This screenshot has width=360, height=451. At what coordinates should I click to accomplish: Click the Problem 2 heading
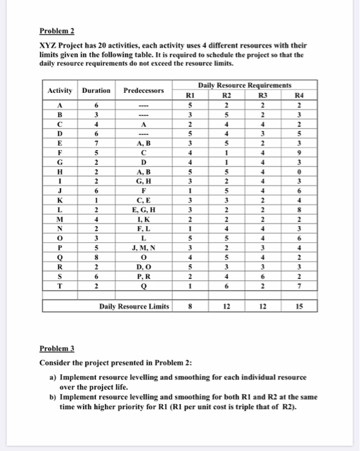coord(57,30)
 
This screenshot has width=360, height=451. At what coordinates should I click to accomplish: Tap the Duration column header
coord(97,91)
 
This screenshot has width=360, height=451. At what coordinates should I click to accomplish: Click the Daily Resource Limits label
coord(134,307)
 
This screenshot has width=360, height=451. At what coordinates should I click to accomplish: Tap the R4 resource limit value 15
coord(299,307)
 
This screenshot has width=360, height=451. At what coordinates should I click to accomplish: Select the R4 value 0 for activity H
coord(299,172)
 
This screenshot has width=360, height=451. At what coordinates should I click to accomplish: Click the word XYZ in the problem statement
coord(48,46)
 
